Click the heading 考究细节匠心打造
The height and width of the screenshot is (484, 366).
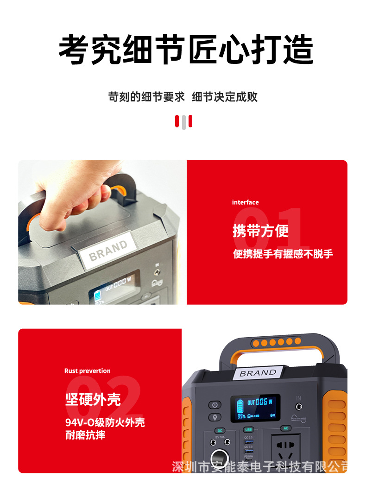186,50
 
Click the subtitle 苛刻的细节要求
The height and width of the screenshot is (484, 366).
146,97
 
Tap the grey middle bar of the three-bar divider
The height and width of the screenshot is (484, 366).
183,122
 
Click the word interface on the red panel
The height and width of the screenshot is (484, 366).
245,202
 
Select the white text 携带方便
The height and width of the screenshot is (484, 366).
260,231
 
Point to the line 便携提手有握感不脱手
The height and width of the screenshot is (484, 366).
283,254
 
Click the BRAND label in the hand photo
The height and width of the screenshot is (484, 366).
108,250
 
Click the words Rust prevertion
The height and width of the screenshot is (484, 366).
87,371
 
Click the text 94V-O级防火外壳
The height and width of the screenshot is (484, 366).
105,422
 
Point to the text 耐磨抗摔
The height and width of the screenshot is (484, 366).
85,435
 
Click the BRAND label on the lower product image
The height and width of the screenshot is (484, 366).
258,373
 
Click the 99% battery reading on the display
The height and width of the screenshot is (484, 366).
241,416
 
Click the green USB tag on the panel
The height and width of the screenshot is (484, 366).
248,429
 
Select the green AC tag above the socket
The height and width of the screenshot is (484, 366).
286,428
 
